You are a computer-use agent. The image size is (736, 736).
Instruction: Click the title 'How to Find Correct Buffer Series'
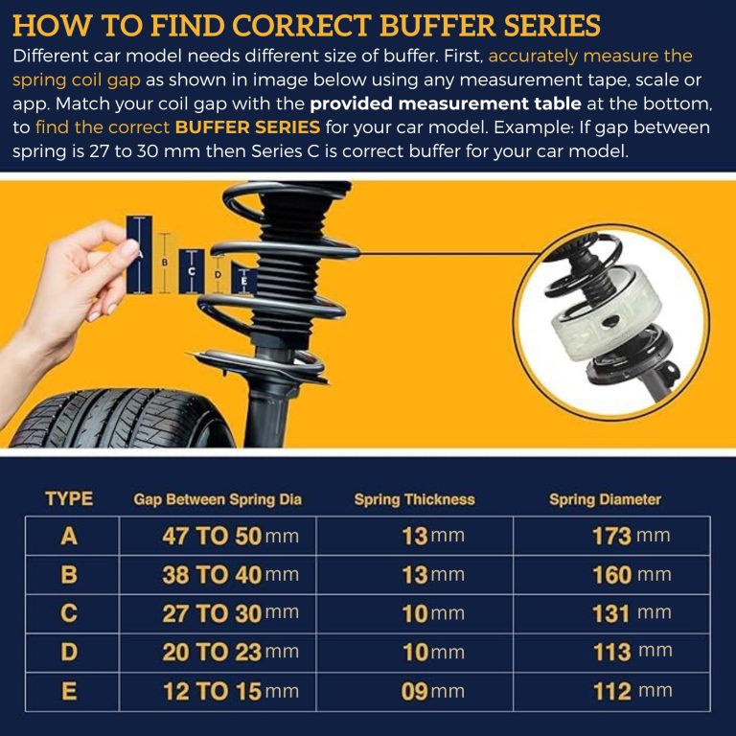tap(307, 25)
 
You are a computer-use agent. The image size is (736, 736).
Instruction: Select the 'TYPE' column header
tap(69, 498)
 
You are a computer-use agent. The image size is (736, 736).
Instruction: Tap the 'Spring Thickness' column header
tap(414, 499)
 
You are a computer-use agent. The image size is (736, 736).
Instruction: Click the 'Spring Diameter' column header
tap(605, 499)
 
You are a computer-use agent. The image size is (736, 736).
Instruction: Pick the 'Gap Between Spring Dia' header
tap(218, 499)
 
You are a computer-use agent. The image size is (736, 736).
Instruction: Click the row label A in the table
tap(69, 536)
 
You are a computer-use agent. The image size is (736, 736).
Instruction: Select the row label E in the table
tap(69, 691)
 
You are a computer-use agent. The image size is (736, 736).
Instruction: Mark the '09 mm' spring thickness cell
tap(432, 691)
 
